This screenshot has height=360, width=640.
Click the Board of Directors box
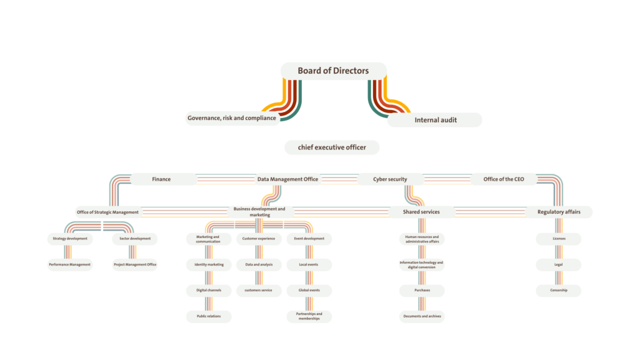[333, 71]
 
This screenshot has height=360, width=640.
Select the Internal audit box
[435, 119]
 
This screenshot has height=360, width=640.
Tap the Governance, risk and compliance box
[232, 118]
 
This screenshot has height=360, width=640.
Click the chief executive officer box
[332, 147]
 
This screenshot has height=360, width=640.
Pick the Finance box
[161, 179]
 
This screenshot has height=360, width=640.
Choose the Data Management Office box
[287, 179]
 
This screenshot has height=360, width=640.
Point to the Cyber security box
[390, 179]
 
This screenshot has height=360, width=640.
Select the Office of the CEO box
[504, 179]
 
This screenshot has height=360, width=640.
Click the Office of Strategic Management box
[108, 212]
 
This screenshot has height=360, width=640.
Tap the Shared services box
[421, 212]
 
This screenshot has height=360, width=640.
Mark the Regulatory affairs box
[559, 212]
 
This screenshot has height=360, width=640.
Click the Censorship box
[559, 290]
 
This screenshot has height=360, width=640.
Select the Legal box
[559, 264]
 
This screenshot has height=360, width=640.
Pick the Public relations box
[209, 316]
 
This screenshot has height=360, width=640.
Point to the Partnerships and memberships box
[309, 316]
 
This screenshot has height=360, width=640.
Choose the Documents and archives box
[422, 316]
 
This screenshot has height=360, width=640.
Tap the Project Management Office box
[134, 264]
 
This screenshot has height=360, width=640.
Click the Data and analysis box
[258, 264]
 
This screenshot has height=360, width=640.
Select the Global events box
[309, 290]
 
